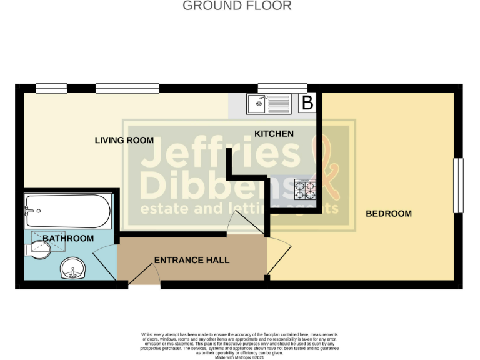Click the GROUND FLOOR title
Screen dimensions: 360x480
tap(237, 6)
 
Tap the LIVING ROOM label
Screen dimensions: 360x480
tap(124, 140)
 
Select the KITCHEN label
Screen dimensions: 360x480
tap(274, 134)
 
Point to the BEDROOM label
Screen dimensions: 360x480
tap(389, 214)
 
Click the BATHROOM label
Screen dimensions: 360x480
tap(69, 238)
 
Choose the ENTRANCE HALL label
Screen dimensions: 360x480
tap(192, 260)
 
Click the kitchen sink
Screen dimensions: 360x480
tap(268, 103)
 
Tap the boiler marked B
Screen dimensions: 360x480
tap(307, 102)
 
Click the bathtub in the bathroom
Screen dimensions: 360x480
tap(67, 211)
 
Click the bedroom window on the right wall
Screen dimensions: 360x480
tap(458, 185)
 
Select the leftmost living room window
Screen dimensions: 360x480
tap(51, 88)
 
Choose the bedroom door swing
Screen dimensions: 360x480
tap(279, 256)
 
